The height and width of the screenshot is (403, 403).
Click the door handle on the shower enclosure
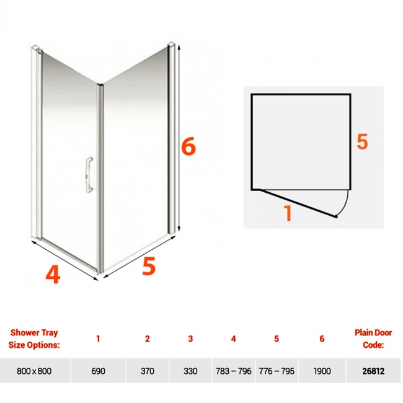click(89, 175)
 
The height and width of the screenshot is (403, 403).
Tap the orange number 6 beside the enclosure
click(188, 146)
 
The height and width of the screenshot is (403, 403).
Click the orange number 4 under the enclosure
click(53, 274)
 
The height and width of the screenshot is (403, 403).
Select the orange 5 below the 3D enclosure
click(149, 266)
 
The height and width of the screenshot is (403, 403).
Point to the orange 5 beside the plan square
click(362, 141)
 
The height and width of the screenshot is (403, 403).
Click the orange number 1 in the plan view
click(288, 212)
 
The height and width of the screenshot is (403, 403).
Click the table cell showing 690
click(99, 371)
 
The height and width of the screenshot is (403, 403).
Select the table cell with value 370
click(148, 371)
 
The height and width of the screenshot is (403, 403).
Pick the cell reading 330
click(190, 371)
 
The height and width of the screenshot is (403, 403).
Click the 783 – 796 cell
click(233, 371)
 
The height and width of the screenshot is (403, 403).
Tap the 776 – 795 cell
click(277, 371)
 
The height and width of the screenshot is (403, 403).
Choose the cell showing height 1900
click(322, 371)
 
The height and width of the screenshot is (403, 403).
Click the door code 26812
click(373, 371)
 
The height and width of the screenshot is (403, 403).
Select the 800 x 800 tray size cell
click(34, 371)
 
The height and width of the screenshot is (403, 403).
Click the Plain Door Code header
click(373, 339)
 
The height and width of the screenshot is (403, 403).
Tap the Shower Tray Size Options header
click(34, 339)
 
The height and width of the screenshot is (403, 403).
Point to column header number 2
click(148, 339)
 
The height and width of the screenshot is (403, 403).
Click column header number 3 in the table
click(190, 339)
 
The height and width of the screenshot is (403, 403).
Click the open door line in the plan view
click(298, 203)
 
